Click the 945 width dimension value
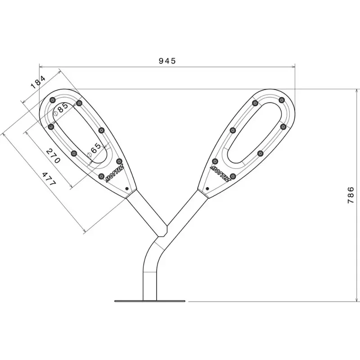pyautogui.click(x=167, y=61)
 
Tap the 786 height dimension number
pyautogui.click(x=351, y=195)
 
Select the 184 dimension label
pyautogui.click(x=38, y=82)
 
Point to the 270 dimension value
pyautogui.click(x=53, y=156)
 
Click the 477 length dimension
pyautogui.click(x=49, y=179)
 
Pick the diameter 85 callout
pyautogui.click(x=61, y=108)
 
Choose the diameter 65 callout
pyautogui.click(x=94, y=149)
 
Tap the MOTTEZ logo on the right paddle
pyautogui.click(x=220, y=174)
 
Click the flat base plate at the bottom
pyautogui.click(x=150, y=301)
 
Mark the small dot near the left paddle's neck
pyautogui.click(x=127, y=189)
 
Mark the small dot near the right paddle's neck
pyautogui.click(x=207, y=189)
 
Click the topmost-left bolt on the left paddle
pyautogui.click(x=53, y=100)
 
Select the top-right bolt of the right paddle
pyautogui.click(x=282, y=100)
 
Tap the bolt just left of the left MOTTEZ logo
pyautogui.click(x=101, y=176)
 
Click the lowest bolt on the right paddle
pyautogui.click(x=233, y=176)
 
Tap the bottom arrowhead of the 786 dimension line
pyautogui.click(x=356, y=300)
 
